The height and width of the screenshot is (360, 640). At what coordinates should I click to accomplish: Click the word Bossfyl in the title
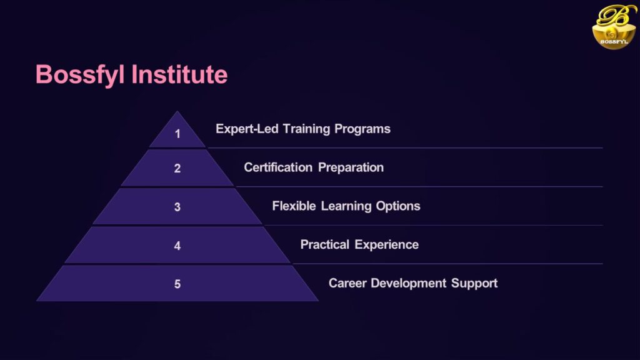tap(80, 75)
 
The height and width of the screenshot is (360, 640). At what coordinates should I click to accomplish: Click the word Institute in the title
tap(179, 74)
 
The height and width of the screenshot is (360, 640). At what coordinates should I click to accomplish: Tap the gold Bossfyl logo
tap(614, 26)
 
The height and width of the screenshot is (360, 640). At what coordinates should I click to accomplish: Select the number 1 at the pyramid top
tap(177, 134)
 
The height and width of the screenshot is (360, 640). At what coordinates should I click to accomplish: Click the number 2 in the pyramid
tap(177, 168)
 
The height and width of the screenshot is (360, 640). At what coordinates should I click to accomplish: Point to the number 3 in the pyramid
tap(177, 207)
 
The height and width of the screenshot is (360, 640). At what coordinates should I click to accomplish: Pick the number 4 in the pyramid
tap(177, 246)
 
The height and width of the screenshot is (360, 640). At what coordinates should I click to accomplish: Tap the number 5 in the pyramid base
tap(177, 284)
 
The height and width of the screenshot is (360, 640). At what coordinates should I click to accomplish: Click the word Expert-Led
tap(247, 129)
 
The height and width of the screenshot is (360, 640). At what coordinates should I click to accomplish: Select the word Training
tap(306, 129)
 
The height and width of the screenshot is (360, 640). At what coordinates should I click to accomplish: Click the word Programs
tap(362, 129)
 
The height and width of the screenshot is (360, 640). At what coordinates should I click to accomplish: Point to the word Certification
tap(278, 167)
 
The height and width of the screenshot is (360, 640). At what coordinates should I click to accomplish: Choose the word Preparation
tap(351, 167)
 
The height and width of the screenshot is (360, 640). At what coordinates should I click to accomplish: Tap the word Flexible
tap(294, 206)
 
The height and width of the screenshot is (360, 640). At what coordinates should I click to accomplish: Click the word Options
tap(398, 206)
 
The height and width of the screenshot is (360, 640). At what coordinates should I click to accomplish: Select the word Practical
tap(325, 244)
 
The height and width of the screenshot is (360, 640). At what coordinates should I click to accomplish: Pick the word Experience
tap(386, 245)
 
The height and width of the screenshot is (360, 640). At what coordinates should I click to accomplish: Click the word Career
tap(347, 283)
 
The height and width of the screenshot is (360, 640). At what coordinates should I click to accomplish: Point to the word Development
tap(409, 284)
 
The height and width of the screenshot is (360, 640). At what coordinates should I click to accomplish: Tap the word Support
tap(474, 284)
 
